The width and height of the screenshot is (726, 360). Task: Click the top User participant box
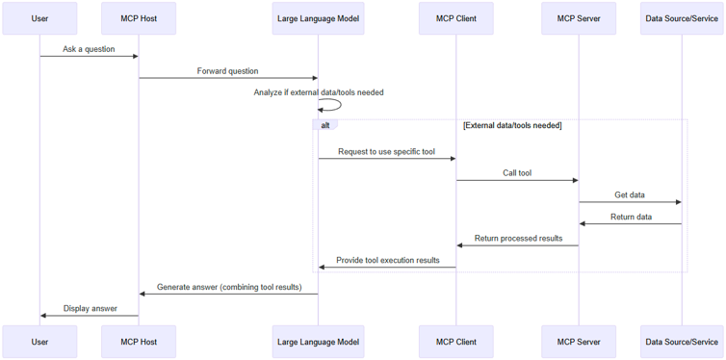tap(39, 18)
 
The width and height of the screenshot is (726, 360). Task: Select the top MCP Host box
tap(139, 18)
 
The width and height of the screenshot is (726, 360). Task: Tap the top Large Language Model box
tap(318, 18)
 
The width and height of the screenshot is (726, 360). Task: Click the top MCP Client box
tap(455, 18)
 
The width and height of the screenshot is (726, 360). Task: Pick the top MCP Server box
tap(578, 18)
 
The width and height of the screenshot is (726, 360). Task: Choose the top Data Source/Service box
tap(682, 18)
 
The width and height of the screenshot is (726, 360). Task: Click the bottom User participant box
tap(39, 342)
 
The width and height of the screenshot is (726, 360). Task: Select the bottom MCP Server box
tap(578, 342)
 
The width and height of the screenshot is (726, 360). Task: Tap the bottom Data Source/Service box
tap(682, 342)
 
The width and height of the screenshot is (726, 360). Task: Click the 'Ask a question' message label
tap(89, 49)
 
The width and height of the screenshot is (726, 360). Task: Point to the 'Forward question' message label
tap(227, 71)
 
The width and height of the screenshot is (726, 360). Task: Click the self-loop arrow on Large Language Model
tap(333, 105)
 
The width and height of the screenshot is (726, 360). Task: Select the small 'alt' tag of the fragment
tap(325, 125)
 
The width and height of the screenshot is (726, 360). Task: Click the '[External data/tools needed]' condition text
tap(512, 125)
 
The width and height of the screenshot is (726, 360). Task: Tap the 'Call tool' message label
tap(516, 173)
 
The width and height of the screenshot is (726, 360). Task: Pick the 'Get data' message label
tap(630, 195)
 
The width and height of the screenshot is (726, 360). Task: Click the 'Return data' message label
tap(631, 217)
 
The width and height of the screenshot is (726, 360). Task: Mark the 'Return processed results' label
tap(518, 239)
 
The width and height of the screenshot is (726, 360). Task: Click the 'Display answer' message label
tap(90, 308)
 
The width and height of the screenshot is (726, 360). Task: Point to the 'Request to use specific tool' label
tap(386, 151)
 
